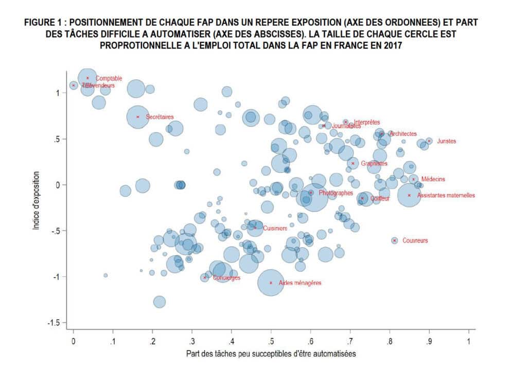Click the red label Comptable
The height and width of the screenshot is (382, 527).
point(109,78)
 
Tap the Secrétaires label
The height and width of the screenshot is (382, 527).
point(160,117)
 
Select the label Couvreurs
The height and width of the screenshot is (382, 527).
point(415,240)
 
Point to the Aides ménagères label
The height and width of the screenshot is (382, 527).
point(300,283)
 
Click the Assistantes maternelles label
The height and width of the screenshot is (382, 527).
point(446,196)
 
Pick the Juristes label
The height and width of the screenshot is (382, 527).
point(446,141)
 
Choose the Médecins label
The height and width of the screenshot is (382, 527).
point(433,179)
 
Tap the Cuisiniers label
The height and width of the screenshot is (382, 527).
point(275,228)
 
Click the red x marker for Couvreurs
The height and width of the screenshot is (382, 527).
point(395,240)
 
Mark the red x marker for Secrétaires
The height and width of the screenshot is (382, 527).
point(137,117)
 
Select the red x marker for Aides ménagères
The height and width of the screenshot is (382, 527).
point(271,283)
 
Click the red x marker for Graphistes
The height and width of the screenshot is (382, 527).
point(353,164)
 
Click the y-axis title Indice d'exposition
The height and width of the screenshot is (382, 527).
point(36,196)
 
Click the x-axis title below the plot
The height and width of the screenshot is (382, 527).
point(271,354)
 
